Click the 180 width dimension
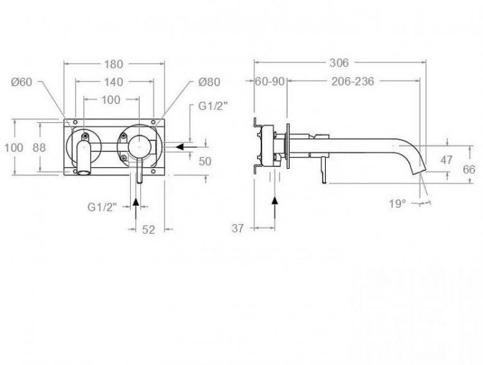coord(113,64)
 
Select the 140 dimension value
coord(113,82)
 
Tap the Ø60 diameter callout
coord(21,82)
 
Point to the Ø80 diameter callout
coord(209,82)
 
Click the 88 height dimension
coord(39,147)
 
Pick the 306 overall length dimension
coord(339,63)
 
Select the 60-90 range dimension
coord(270,82)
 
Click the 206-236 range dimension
coord(353,82)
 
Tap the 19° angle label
coord(397,203)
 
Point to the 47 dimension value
coord(446,160)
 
